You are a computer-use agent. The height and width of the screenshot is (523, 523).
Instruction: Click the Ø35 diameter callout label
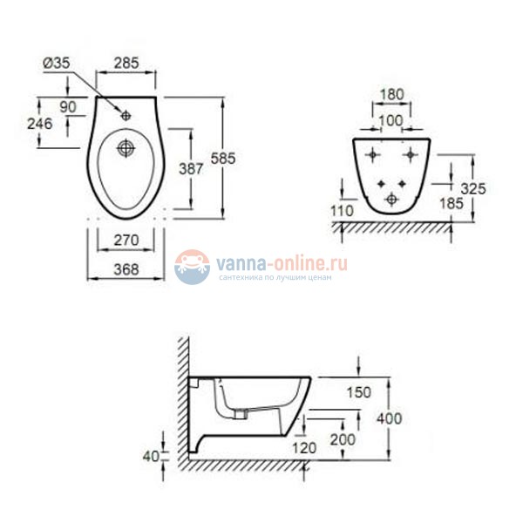click(57, 63)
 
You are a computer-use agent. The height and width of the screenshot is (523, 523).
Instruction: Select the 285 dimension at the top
click(126, 63)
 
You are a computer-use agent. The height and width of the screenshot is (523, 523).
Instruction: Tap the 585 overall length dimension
click(223, 158)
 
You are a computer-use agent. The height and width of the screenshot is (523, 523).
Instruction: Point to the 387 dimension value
click(191, 169)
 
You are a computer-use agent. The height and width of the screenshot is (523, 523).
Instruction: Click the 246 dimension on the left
click(40, 124)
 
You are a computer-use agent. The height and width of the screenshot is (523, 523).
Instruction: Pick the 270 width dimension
click(126, 241)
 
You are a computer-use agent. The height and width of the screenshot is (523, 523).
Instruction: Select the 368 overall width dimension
click(126, 269)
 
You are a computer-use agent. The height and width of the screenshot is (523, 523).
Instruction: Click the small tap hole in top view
click(126, 116)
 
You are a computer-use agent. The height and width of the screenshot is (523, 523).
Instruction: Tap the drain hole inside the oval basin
click(126, 148)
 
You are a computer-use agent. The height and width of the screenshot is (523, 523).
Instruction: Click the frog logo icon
click(192, 267)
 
